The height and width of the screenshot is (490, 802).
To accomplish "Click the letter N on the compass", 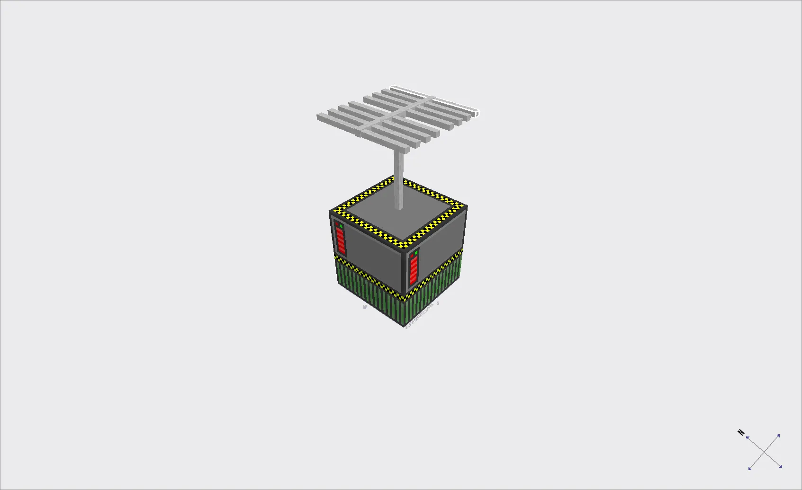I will tap(741, 432).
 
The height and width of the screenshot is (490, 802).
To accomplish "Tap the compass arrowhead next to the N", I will tap(748, 438).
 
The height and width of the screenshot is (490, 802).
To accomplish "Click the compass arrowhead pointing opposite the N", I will tap(780, 467).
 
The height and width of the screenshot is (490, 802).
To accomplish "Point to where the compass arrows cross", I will tap(764, 452).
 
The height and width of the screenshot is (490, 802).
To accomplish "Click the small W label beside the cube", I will tap(365, 307).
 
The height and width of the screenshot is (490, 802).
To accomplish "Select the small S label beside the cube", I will tap(438, 303).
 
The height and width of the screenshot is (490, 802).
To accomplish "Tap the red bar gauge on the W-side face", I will tap(340, 240).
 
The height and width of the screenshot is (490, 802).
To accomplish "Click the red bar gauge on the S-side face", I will tap(414, 270).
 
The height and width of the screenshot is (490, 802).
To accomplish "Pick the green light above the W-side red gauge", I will tap(341, 226).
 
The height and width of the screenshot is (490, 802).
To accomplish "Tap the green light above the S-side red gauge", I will tap(416, 253).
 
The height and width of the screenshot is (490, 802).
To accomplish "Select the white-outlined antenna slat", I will tap(433, 100).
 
